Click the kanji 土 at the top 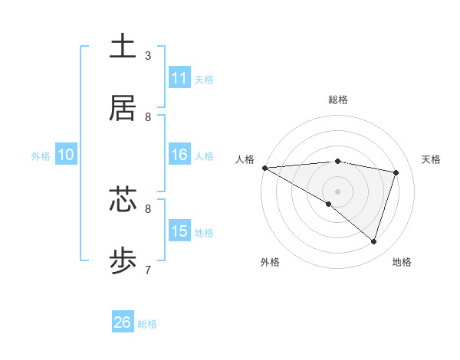point(123,46)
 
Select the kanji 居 point(123,108)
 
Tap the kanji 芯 point(123,199)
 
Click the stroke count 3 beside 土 point(147,56)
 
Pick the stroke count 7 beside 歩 point(147,270)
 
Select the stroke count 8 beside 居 point(148,117)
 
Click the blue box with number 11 point(179,78)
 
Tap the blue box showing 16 point(179,155)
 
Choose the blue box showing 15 point(179,231)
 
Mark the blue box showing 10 point(65,155)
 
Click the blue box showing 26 point(123,322)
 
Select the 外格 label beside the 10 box point(41,156)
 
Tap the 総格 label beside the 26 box point(148,324)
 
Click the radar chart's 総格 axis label point(338,100)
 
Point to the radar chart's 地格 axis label point(402,262)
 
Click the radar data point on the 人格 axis point(264,168)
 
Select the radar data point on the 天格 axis point(396,172)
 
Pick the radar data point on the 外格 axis point(329,204)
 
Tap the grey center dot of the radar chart point(337,190)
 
